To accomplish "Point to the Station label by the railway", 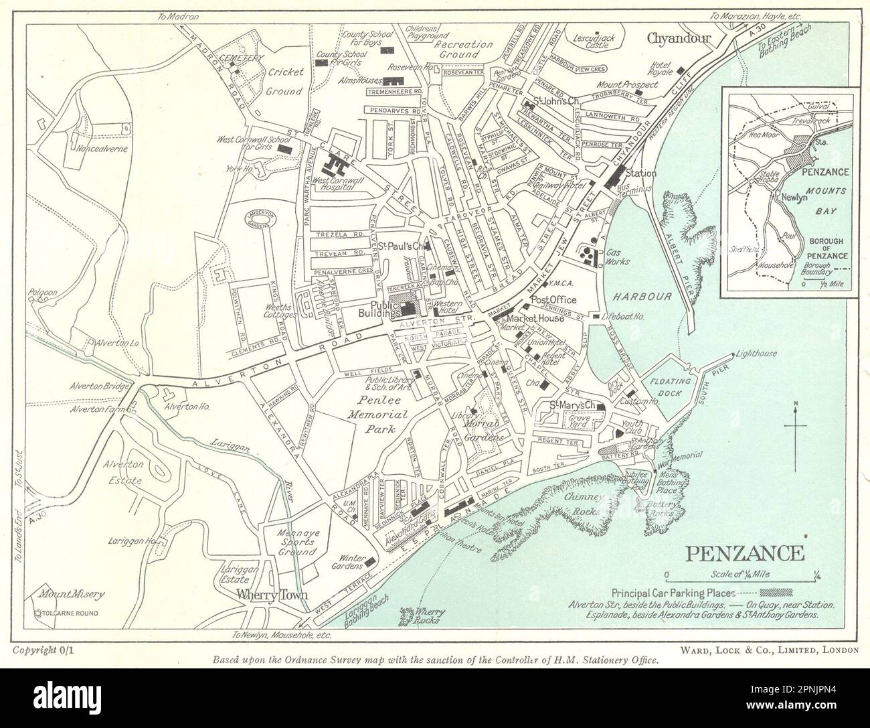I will coord(640,173).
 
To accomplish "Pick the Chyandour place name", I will coord(678,38).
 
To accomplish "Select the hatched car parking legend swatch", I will coord(776,593).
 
